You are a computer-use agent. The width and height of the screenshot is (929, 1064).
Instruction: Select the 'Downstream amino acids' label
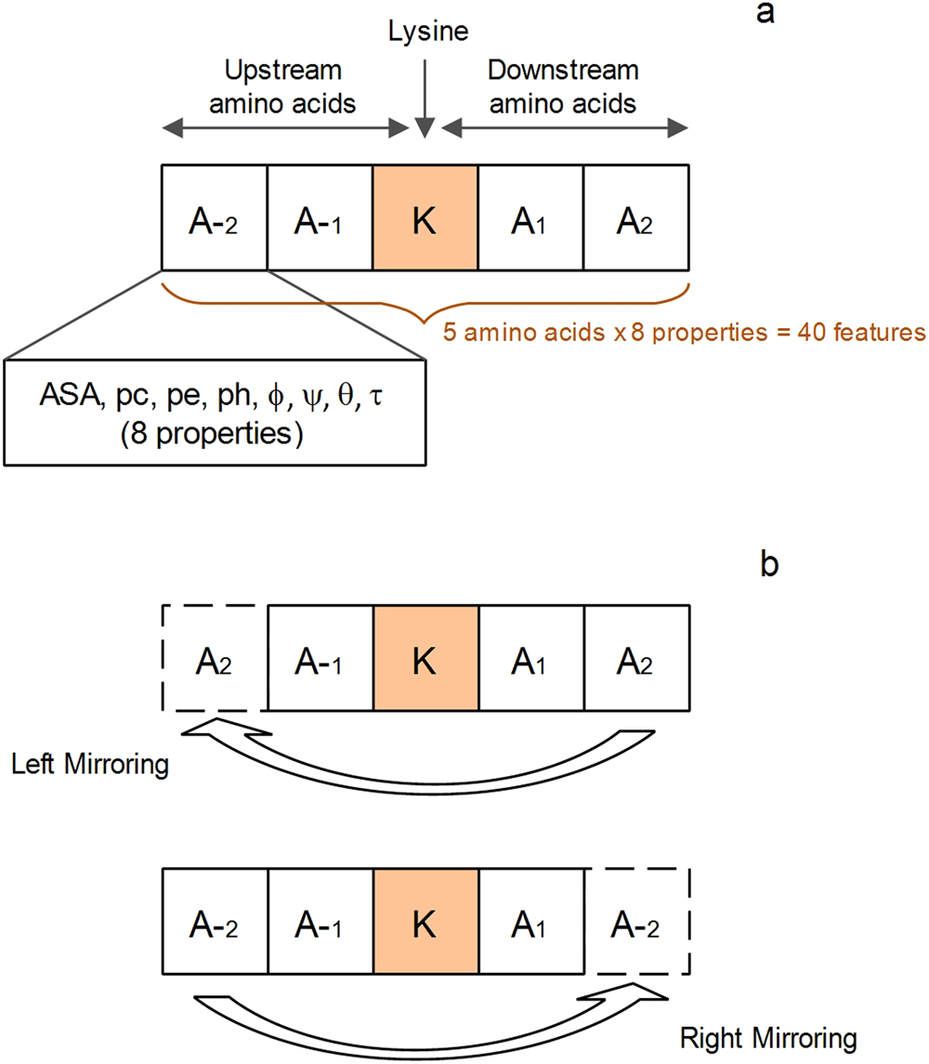pos(563,85)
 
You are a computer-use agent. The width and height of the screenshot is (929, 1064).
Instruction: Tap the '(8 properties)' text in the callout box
pos(214,433)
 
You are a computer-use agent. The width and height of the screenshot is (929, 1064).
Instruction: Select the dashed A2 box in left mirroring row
pos(215,659)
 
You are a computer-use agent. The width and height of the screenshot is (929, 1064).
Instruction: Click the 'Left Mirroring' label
pos(91,767)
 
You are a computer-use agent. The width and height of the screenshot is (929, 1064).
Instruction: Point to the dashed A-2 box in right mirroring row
pos(636,922)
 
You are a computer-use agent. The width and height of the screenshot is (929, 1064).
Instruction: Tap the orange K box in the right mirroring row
pos(425,922)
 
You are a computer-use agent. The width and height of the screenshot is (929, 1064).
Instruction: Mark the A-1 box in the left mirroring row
pos(320,659)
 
